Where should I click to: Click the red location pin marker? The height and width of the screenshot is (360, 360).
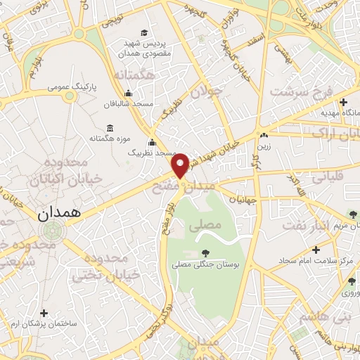click(x=181, y=165)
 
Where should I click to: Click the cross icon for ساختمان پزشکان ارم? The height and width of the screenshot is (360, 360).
click(x=44, y=312)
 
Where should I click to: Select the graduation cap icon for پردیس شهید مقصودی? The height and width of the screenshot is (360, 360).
click(x=144, y=32)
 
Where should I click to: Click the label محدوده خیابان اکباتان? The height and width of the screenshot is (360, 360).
click(x=67, y=171)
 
